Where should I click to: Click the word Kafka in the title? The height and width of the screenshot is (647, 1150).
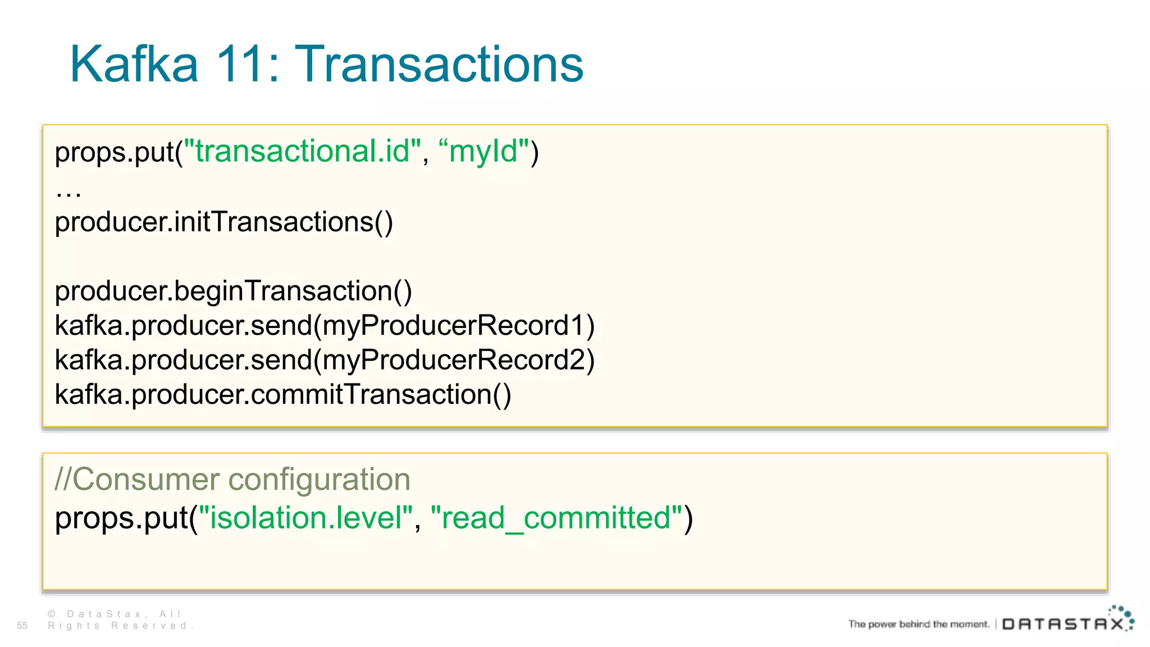(x=134, y=65)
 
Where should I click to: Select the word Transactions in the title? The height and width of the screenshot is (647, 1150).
(x=439, y=65)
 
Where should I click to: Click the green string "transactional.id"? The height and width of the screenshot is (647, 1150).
(x=303, y=152)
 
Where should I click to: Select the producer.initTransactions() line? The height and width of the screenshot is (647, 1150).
(x=223, y=222)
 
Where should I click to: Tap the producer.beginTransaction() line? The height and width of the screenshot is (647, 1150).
(x=233, y=291)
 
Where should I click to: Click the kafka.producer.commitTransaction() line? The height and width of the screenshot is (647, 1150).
(x=282, y=394)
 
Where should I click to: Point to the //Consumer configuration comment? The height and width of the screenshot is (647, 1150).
(x=232, y=480)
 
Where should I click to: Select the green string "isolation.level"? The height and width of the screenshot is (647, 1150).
(x=306, y=518)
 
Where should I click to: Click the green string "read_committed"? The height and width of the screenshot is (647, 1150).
(x=556, y=518)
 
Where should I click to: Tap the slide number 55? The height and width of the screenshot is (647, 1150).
(x=22, y=626)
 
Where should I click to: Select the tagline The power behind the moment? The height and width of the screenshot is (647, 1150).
(x=919, y=624)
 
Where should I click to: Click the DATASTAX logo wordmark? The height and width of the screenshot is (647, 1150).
(x=1063, y=625)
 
